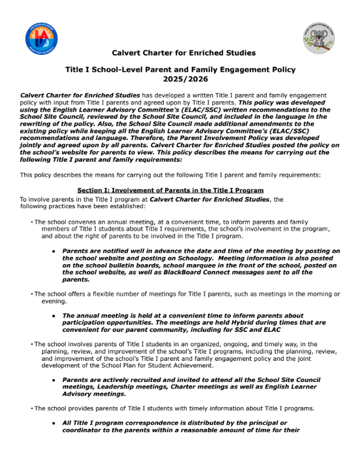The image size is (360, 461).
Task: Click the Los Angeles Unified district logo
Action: tap(42, 37)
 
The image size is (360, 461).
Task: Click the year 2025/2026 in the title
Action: tap(180, 79)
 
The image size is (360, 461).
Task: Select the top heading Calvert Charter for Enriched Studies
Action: tap(180, 53)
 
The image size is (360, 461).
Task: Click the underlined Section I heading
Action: tap(171, 190)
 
